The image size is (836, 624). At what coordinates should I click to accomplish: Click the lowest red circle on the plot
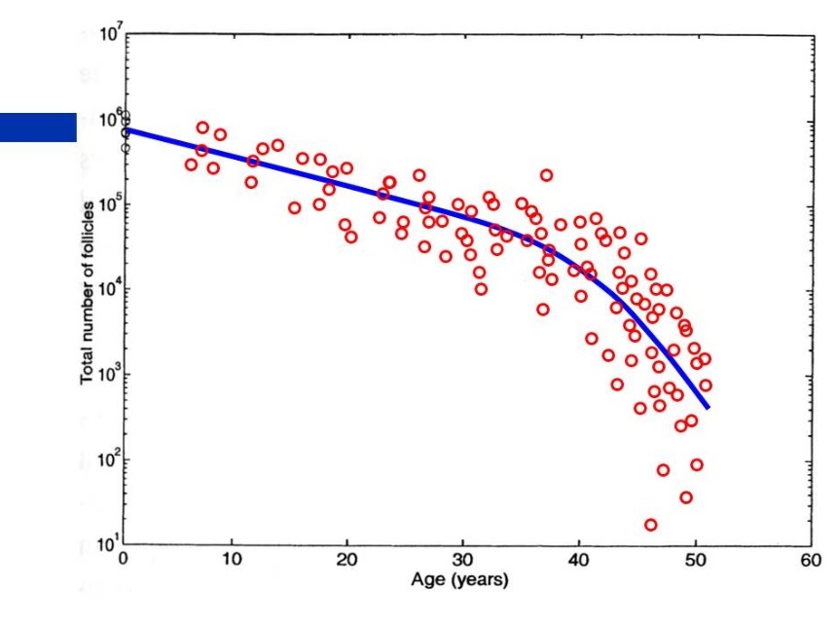click(650, 525)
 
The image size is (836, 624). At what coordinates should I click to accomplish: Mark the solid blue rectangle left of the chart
click(38, 128)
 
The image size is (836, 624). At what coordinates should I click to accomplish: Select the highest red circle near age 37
click(547, 175)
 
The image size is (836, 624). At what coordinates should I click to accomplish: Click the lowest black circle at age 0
click(125, 148)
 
